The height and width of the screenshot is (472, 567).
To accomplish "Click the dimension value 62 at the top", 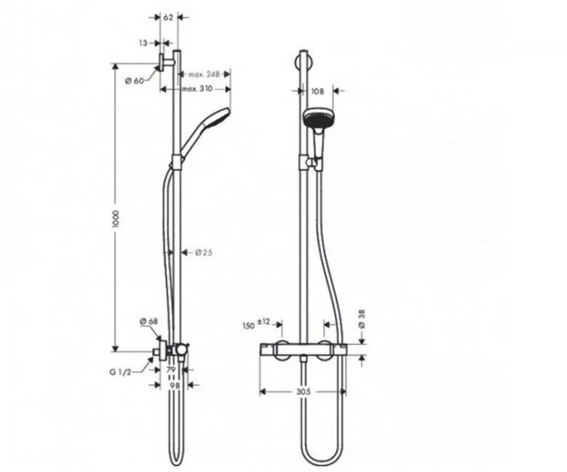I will (x=167, y=17).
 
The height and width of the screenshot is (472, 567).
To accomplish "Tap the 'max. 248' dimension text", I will (x=204, y=74).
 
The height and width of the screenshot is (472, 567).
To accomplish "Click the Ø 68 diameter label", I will (x=148, y=321).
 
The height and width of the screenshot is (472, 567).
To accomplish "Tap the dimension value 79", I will (x=172, y=370).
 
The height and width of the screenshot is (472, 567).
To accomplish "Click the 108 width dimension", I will (x=317, y=91).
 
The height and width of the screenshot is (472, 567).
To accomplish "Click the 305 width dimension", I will (x=304, y=391).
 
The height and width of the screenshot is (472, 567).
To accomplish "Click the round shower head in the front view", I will (x=316, y=119).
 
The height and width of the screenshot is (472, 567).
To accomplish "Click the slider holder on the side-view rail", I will (x=177, y=162).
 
